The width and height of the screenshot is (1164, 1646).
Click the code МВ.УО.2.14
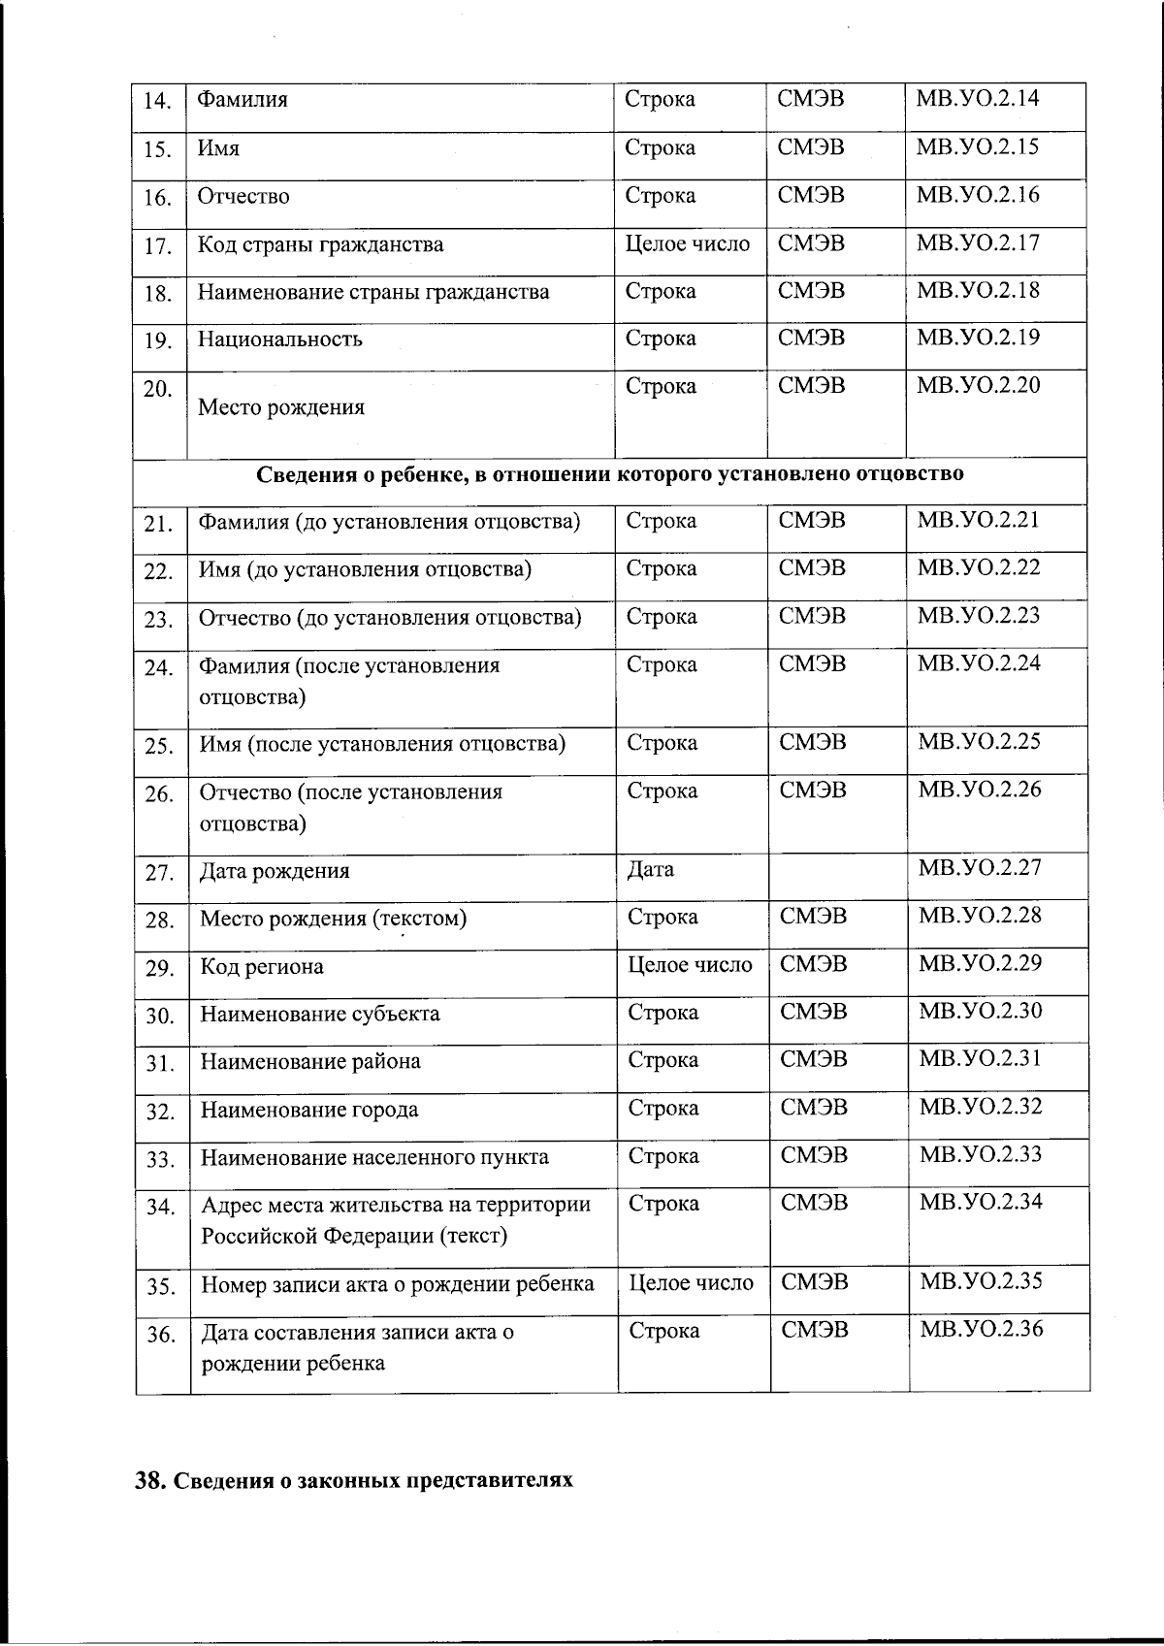(x=977, y=99)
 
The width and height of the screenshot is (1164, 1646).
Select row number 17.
(x=157, y=246)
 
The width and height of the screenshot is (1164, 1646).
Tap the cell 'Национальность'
(x=280, y=339)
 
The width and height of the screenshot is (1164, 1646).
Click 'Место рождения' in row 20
(x=281, y=407)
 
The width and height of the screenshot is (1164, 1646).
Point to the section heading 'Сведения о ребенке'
(x=610, y=474)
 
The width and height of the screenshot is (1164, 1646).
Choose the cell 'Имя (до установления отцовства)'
(x=365, y=569)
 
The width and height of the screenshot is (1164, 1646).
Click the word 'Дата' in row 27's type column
(x=651, y=870)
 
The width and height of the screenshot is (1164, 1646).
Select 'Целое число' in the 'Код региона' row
(x=691, y=965)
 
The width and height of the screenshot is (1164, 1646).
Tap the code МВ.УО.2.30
(x=980, y=1011)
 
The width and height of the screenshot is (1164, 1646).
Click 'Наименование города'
(x=309, y=1110)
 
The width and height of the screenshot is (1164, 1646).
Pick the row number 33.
(x=160, y=1160)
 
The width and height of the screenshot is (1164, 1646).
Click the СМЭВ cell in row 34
(x=815, y=1204)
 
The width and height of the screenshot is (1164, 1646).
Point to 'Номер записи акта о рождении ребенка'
(x=397, y=1285)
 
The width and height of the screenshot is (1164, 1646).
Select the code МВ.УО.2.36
(x=981, y=1329)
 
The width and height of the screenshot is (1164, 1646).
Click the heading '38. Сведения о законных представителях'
(x=354, y=1481)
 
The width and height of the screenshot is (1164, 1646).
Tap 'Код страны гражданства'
(x=321, y=244)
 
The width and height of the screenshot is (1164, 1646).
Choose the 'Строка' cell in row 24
(x=662, y=665)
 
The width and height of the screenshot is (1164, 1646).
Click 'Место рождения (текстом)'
(x=334, y=919)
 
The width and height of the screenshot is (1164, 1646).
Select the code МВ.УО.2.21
(x=978, y=520)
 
